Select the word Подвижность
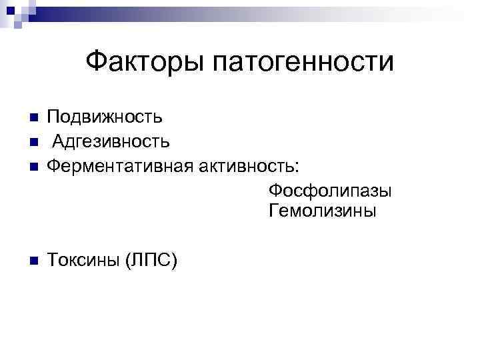105,118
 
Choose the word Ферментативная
121,165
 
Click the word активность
249,165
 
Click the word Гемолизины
323,212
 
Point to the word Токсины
83,260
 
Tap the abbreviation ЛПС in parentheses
150,260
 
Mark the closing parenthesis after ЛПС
174,261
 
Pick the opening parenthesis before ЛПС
128,261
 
